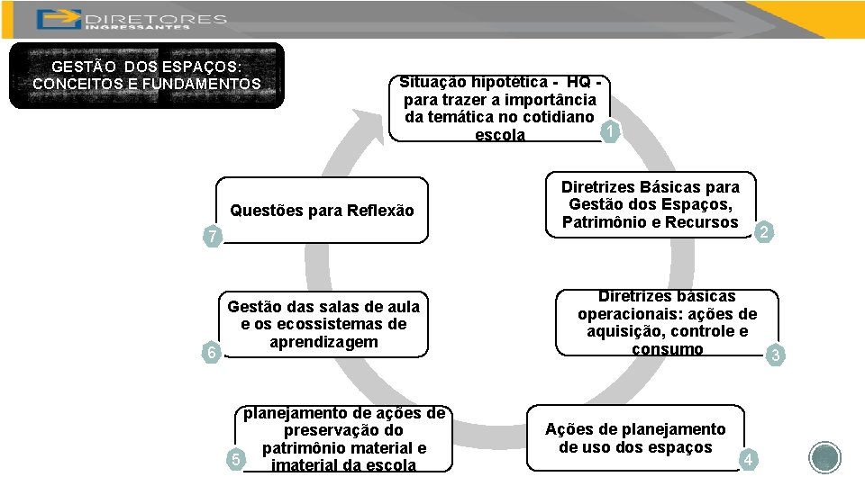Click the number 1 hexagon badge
(611, 132)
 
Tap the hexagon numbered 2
(763, 233)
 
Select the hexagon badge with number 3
(776, 356)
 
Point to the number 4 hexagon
(747, 461)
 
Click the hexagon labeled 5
(234, 461)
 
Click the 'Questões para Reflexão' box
(322, 211)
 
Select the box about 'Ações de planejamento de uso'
(634, 438)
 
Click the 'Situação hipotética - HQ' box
(499, 108)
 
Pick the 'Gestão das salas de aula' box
(323, 325)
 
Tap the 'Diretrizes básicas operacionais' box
(667, 323)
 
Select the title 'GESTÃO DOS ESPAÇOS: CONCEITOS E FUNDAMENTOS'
(146, 76)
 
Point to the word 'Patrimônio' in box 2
(604, 222)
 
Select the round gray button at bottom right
(824, 459)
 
